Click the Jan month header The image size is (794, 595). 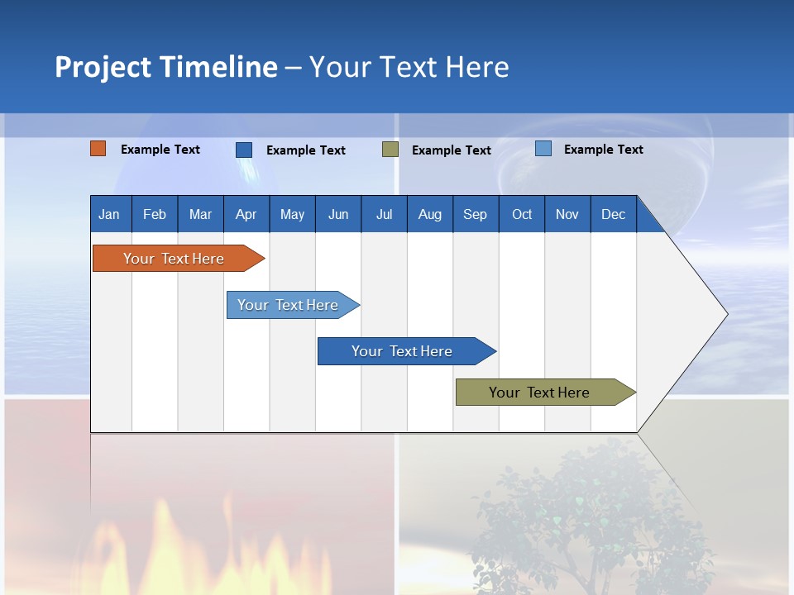click(109, 214)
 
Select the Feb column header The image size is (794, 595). click(155, 214)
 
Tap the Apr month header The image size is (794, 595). click(246, 214)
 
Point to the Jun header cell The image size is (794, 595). click(338, 214)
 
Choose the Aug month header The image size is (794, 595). click(430, 214)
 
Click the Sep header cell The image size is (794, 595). click(476, 214)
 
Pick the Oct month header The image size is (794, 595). click(522, 214)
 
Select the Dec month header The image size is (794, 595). click(614, 214)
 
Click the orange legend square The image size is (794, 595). click(98, 149)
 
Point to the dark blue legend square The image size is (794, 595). click(244, 150)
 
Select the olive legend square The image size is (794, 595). click(390, 150)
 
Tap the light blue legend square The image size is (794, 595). click(543, 149)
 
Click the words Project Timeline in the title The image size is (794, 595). click(166, 67)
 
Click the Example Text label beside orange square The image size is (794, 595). click(160, 150)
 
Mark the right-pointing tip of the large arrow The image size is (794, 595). click(725, 314)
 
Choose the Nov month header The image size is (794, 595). click(567, 214)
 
